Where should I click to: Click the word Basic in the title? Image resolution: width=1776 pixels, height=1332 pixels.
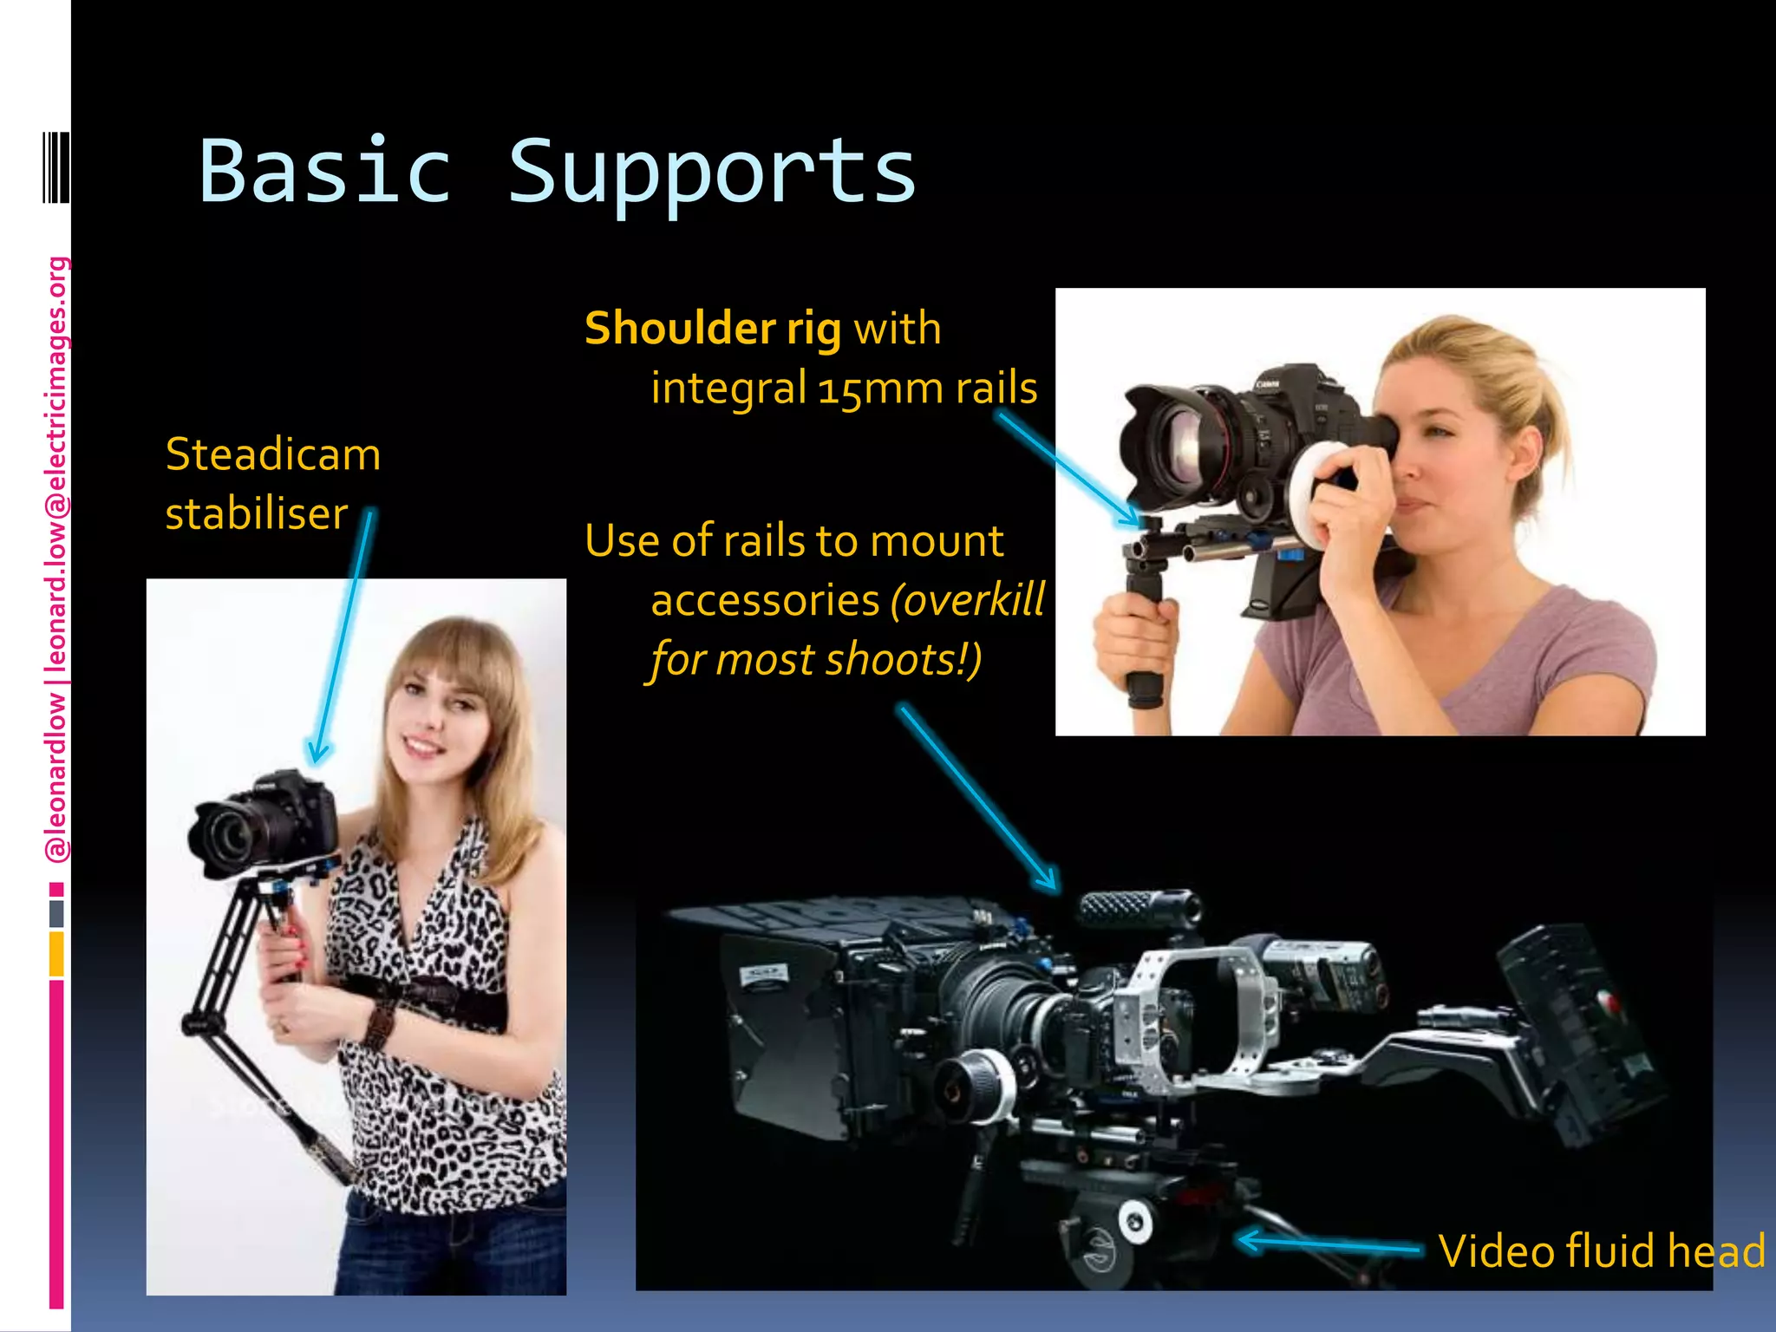click(x=325, y=172)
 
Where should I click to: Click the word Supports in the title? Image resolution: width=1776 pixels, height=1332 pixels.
click(x=711, y=173)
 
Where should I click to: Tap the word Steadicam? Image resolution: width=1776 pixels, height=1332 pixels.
click(x=273, y=454)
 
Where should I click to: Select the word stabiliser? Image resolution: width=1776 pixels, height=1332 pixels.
click(x=257, y=513)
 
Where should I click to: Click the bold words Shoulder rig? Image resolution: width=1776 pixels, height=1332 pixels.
click(x=713, y=329)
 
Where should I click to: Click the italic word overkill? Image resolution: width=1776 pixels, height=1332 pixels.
click(x=968, y=600)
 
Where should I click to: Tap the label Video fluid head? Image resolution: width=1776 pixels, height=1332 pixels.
click(x=1601, y=1250)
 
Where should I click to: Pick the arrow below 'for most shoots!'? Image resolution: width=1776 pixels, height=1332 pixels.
click(x=980, y=798)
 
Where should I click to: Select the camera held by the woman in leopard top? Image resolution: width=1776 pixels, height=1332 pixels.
click(x=260, y=824)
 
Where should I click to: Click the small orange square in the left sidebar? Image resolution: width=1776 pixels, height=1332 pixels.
click(x=56, y=953)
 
